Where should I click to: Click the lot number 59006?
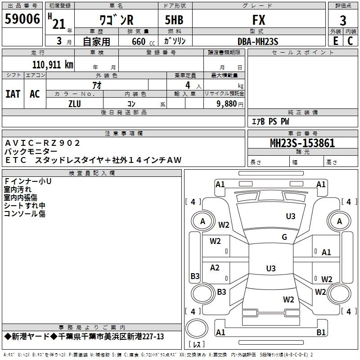point(22,20)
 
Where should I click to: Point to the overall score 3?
point(343,21)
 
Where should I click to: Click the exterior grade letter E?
point(335,40)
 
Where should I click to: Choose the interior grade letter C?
point(350,40)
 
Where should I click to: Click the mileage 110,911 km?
point(53,64)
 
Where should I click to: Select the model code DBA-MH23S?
point(258,41)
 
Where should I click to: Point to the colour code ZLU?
point(75,103)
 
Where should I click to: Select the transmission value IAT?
point(13,94)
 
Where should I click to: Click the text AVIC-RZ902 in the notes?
point(43,143)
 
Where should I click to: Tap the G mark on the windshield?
point(284,237)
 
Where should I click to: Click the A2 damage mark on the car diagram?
point(215,268)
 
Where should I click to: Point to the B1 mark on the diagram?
point(321,332)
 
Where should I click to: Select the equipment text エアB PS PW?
point(270,121)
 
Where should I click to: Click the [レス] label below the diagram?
point(197,345)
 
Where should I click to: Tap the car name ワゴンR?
point(116,20)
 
